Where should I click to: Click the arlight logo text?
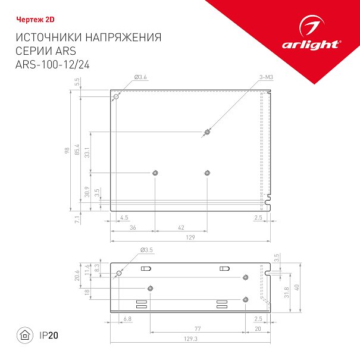311,45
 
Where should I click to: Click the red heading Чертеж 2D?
35,20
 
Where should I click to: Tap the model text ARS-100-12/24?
52,64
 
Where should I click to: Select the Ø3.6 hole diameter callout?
140,77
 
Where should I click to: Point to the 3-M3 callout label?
266,77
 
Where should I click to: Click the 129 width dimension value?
190,237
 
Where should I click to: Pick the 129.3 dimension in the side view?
190,339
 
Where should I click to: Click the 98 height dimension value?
67,151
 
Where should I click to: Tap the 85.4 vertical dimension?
77,149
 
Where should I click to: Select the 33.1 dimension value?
87,152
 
